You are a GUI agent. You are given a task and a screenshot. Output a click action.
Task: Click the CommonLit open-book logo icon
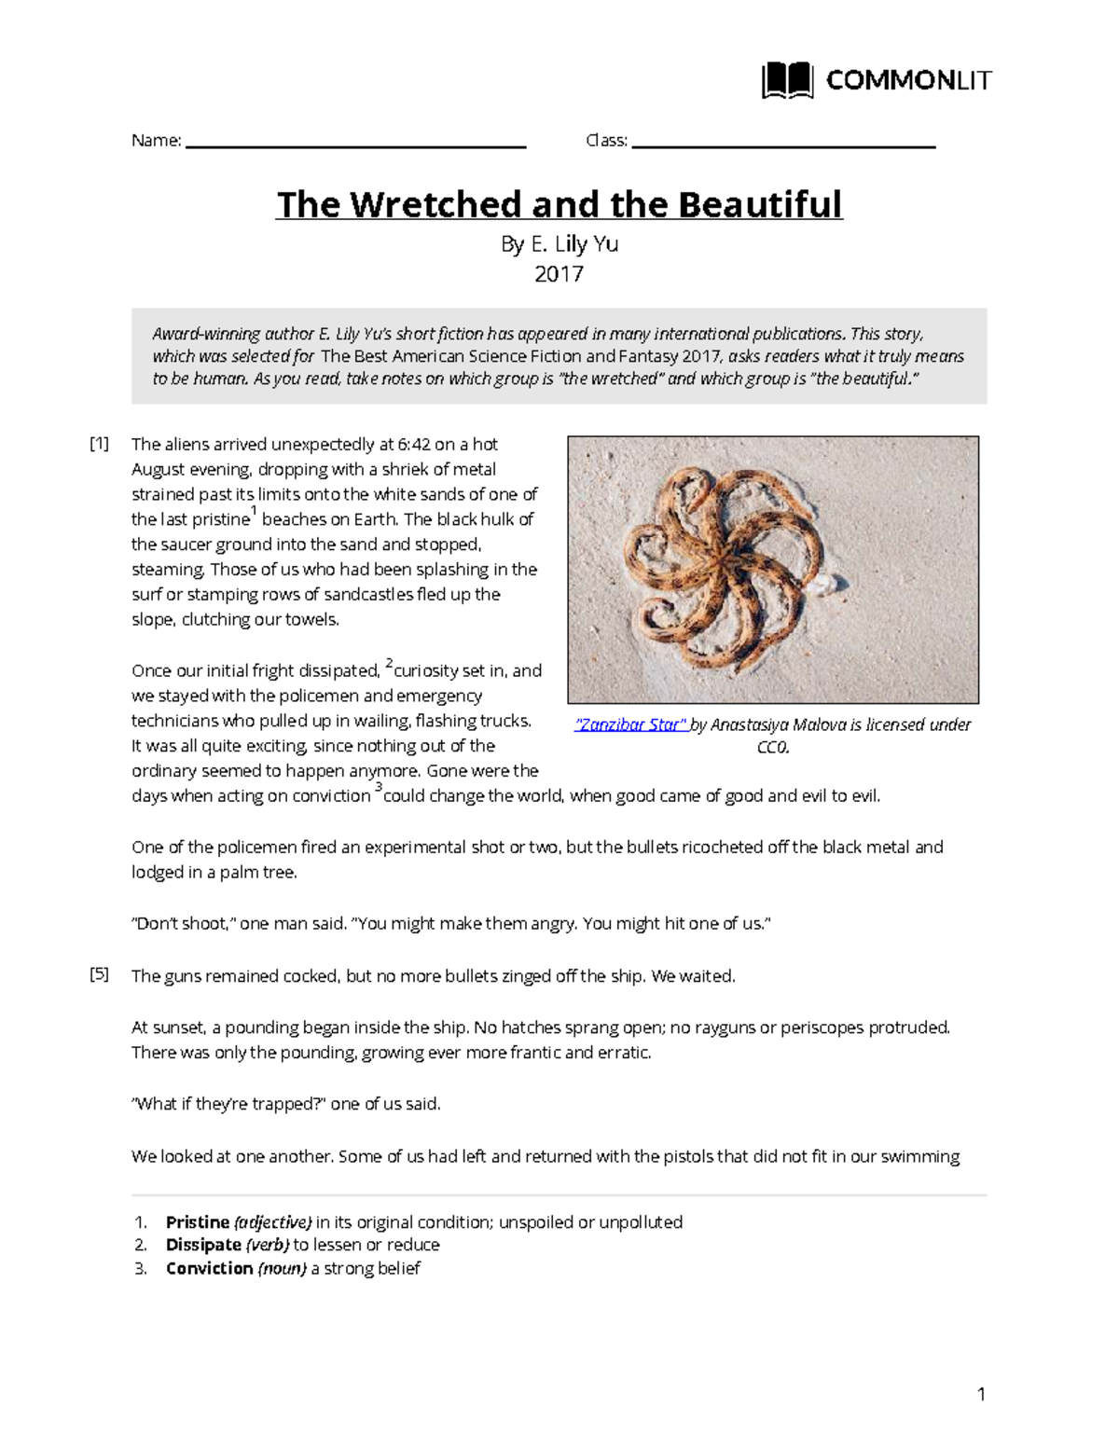[787, 81]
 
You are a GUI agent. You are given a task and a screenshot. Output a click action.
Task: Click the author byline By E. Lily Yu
[559, 244]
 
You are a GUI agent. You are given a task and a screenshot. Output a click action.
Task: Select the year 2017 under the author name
[559, 274]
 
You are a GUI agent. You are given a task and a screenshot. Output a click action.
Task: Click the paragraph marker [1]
[99, 444]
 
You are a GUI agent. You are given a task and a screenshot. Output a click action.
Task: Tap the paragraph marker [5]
[99, 975]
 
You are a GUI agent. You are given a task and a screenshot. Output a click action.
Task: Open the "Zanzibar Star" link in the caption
[630, 724]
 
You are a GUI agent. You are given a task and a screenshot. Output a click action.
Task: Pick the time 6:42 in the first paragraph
[415, 444]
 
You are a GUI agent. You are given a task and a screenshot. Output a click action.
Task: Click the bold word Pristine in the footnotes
[198, 1222]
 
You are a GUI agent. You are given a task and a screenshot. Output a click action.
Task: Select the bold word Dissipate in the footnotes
[203, 1245]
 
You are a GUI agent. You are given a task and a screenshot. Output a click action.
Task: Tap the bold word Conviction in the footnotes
[209, 1268]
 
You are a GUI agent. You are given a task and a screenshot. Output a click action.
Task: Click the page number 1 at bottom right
[981, 1395]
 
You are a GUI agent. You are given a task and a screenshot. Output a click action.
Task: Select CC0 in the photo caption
[773, 748]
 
